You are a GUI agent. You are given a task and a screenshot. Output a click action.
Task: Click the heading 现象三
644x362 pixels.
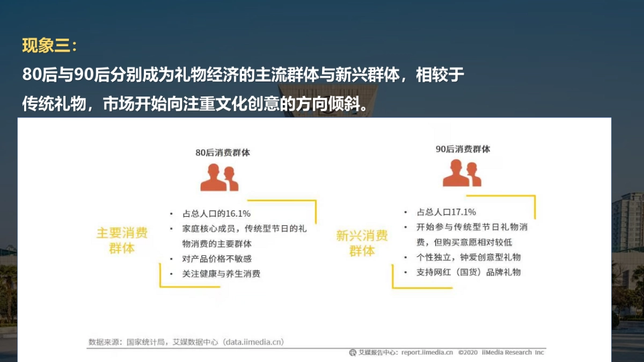coord(50,46)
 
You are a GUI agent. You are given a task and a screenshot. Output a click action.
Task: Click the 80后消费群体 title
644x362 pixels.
coord(222,152)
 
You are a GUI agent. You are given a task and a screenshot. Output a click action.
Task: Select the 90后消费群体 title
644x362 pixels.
coord(463,149)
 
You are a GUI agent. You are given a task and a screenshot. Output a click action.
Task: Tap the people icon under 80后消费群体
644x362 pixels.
coord(219,178)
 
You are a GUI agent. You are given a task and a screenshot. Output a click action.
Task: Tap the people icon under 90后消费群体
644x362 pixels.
coord(462,173)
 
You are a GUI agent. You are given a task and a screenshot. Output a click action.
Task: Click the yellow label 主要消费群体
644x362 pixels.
coord(122,241)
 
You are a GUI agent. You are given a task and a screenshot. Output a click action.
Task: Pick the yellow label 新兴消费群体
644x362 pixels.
coord(362,243)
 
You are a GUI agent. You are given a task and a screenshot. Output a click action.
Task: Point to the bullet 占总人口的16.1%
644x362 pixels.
coord(217,213)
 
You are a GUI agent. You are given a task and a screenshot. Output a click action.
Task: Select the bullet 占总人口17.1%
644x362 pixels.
coord(446,212)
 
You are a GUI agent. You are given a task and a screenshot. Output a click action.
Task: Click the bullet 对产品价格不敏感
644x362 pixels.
coord(217,258)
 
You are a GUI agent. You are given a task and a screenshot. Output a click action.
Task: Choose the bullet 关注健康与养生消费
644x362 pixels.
coord(222,274)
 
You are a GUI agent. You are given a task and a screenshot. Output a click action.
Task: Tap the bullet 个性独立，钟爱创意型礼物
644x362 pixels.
coord(469,257)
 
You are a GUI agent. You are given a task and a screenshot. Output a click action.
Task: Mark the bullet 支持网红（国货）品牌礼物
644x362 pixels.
coord(469,272)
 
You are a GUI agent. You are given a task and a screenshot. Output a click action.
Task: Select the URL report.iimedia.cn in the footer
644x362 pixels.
coord(427,352)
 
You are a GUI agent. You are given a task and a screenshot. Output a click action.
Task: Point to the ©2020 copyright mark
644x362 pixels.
coord(468,352)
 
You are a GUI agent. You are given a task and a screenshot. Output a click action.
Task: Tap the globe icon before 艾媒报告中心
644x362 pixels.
coord(352,352)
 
